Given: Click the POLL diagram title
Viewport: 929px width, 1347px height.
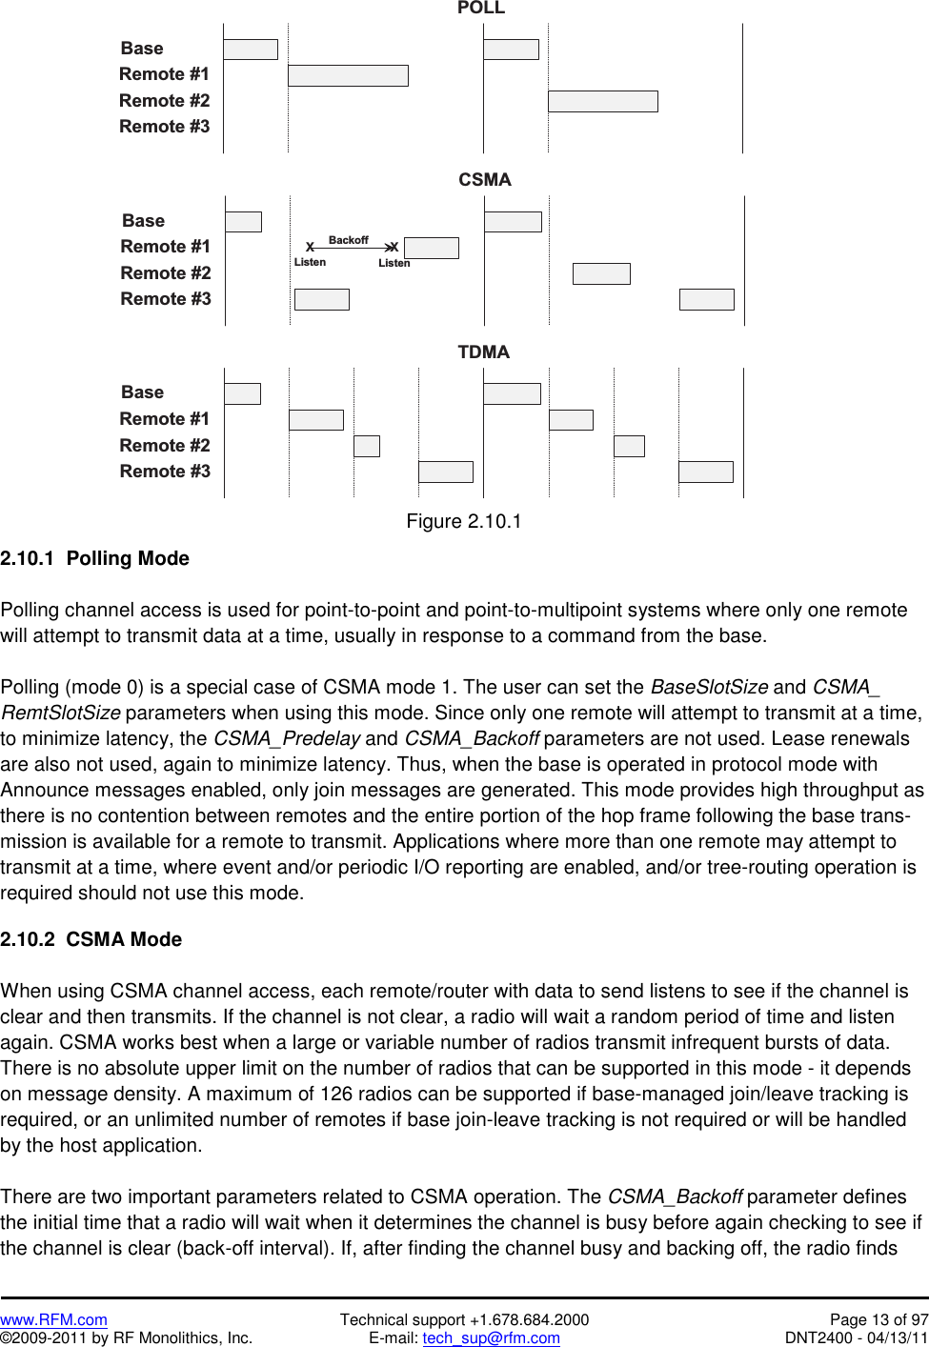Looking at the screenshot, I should coord(480,9).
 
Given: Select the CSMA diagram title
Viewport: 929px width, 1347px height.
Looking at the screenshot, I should coord(484,179).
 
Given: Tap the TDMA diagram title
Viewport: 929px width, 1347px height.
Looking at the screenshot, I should coord(483,352).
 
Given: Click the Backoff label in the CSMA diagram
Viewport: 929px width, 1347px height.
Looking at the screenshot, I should coord(348,240).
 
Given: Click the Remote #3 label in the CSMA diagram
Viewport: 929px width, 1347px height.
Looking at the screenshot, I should coord(166,299).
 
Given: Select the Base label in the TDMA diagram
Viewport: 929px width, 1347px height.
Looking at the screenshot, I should coord(143,392).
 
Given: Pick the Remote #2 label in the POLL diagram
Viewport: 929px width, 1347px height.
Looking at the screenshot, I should coord(164,101).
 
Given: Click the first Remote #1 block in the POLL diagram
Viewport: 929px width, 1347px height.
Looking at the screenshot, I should coord(348,75).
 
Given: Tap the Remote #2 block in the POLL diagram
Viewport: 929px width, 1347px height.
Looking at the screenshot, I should coord(602,101).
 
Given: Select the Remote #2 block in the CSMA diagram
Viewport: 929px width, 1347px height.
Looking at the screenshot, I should coord(601,274).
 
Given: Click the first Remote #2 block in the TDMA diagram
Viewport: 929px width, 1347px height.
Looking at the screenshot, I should coord(367,446).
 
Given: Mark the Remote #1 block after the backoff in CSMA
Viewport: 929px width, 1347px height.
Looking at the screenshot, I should coord(432,248).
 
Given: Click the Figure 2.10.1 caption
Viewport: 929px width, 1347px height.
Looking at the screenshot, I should coord(464,521).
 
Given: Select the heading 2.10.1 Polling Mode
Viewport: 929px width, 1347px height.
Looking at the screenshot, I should coord(95,558).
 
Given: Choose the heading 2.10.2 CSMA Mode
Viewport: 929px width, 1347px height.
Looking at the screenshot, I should coord(91,939).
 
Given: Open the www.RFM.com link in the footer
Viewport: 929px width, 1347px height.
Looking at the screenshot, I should coord(53,1319).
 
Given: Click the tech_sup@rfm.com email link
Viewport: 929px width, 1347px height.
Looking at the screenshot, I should coord(491,1337).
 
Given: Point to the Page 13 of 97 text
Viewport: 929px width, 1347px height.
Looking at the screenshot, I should coord(879,1319).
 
